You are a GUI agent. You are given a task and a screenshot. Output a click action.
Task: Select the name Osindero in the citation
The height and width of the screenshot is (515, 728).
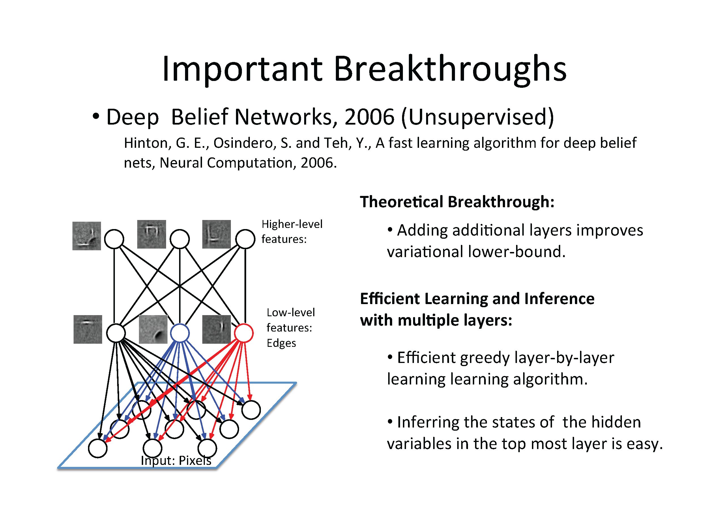(243, 143)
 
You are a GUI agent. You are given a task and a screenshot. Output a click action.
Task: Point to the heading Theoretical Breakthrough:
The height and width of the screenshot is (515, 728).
(457, 202)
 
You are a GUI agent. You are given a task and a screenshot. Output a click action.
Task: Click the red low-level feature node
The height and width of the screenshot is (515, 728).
(244, 333)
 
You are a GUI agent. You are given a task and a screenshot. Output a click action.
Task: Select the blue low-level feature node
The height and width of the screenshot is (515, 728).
(180, 333)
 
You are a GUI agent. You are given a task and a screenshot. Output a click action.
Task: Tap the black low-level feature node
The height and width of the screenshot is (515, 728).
(116, 333)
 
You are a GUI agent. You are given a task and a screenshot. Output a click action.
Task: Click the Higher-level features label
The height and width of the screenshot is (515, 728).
(292, 232)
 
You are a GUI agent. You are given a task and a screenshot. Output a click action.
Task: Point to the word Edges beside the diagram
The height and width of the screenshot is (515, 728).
(281, 343)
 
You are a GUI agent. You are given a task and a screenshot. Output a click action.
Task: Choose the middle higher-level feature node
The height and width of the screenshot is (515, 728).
(180, 239)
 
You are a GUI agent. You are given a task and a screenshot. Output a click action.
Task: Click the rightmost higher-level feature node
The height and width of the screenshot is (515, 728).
(245, 239)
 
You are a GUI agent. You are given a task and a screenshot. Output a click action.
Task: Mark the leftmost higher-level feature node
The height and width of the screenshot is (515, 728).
(114, 239)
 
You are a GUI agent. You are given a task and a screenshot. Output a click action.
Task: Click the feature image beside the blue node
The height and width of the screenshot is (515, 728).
(153, 329)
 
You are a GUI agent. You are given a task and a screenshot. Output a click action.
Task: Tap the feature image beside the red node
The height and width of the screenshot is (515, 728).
(216, 329)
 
